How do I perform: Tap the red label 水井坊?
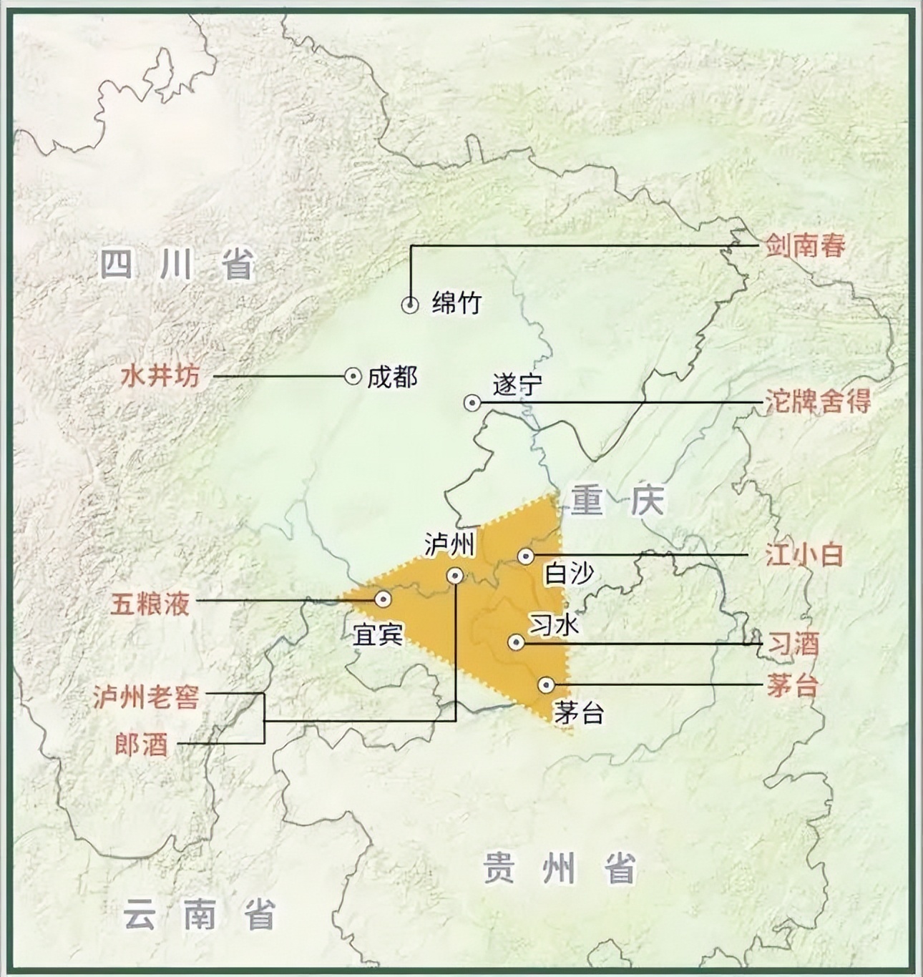(160, 376)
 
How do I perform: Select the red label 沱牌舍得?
(818, 402)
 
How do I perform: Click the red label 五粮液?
(150, 604)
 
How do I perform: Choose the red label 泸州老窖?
(146, 697)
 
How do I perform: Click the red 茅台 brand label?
(792, 686)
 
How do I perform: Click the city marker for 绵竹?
(410, 305)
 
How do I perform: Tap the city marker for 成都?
(353, 375)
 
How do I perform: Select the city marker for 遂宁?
(472, 403)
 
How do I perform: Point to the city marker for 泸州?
(455, 575)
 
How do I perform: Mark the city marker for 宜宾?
(384, 599)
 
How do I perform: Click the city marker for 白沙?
(526, 556)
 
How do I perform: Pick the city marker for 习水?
(515, 642)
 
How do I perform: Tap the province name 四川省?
(177, 265)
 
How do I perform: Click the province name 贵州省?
(559, 868)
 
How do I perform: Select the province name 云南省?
(200, 915)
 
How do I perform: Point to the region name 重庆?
(617, 501)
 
